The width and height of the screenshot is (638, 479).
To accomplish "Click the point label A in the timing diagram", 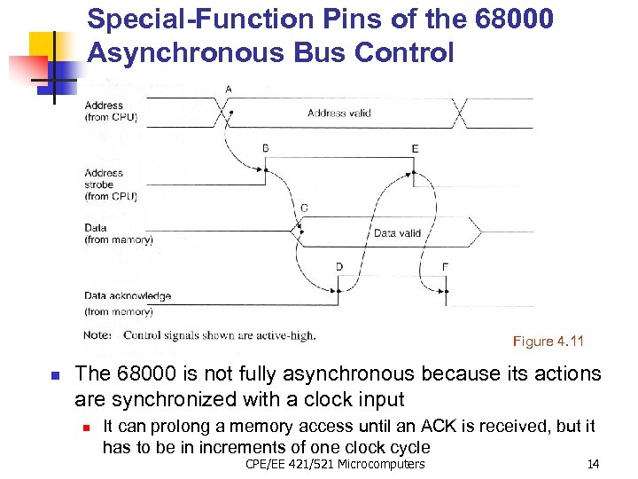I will pos(230,90).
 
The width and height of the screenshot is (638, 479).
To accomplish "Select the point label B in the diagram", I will pos(266,148).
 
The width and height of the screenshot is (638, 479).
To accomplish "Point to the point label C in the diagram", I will pos(304,208).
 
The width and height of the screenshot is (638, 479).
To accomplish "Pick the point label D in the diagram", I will pos(339,266).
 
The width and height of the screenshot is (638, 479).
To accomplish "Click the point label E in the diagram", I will pos(415,148).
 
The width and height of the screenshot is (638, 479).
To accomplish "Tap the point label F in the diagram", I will pos(445,266).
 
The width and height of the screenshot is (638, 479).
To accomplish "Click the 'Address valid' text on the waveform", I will pos(338,113).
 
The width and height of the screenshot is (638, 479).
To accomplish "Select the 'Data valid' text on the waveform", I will pos(397,233).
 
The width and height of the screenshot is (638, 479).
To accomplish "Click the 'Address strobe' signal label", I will pos(105,178).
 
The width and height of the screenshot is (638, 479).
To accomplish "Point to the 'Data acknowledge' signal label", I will pos(128,295).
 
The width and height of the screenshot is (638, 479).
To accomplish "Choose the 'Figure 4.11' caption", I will pos(549,342).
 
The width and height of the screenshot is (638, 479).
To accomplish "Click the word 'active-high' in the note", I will pos(284,335).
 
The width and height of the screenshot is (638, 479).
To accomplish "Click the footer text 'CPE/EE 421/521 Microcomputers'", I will pos(335,464).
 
